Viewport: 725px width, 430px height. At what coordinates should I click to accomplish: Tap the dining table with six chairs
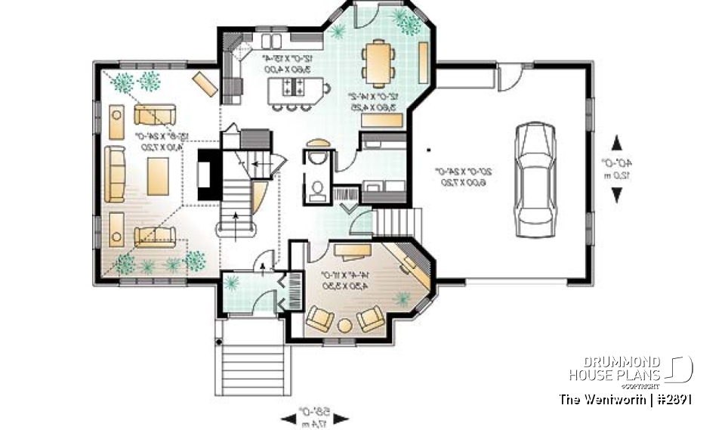coord(377,63)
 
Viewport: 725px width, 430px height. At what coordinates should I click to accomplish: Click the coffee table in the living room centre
coord(158,175)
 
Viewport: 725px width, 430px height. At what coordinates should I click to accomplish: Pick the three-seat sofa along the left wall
coord(116,174)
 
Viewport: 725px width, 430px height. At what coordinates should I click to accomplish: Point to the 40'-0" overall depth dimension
coord(618,169)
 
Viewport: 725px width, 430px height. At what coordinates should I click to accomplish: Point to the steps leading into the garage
coord(396,222)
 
